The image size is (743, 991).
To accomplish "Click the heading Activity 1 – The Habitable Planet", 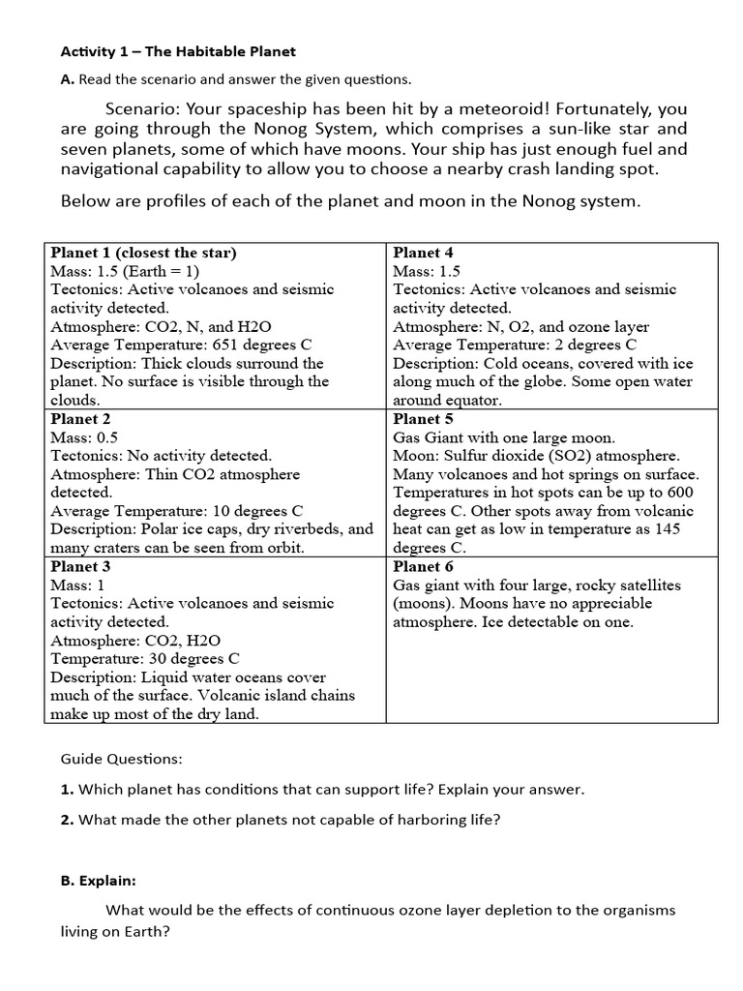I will tap(178, 51).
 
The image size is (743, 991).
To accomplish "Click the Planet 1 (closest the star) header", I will tap(143, 253).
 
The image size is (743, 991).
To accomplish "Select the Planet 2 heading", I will tap(80, 419).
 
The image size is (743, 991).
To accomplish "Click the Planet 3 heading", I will tap(80, 566).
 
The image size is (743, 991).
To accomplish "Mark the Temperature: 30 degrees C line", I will tap(144, 659).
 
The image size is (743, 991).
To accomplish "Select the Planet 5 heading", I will tap(423, 419).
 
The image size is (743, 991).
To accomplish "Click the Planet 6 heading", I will tap(423, 566).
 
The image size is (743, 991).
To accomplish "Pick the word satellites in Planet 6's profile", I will tap(646, 585).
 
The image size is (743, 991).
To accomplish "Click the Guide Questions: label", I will tap(121, 760).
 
